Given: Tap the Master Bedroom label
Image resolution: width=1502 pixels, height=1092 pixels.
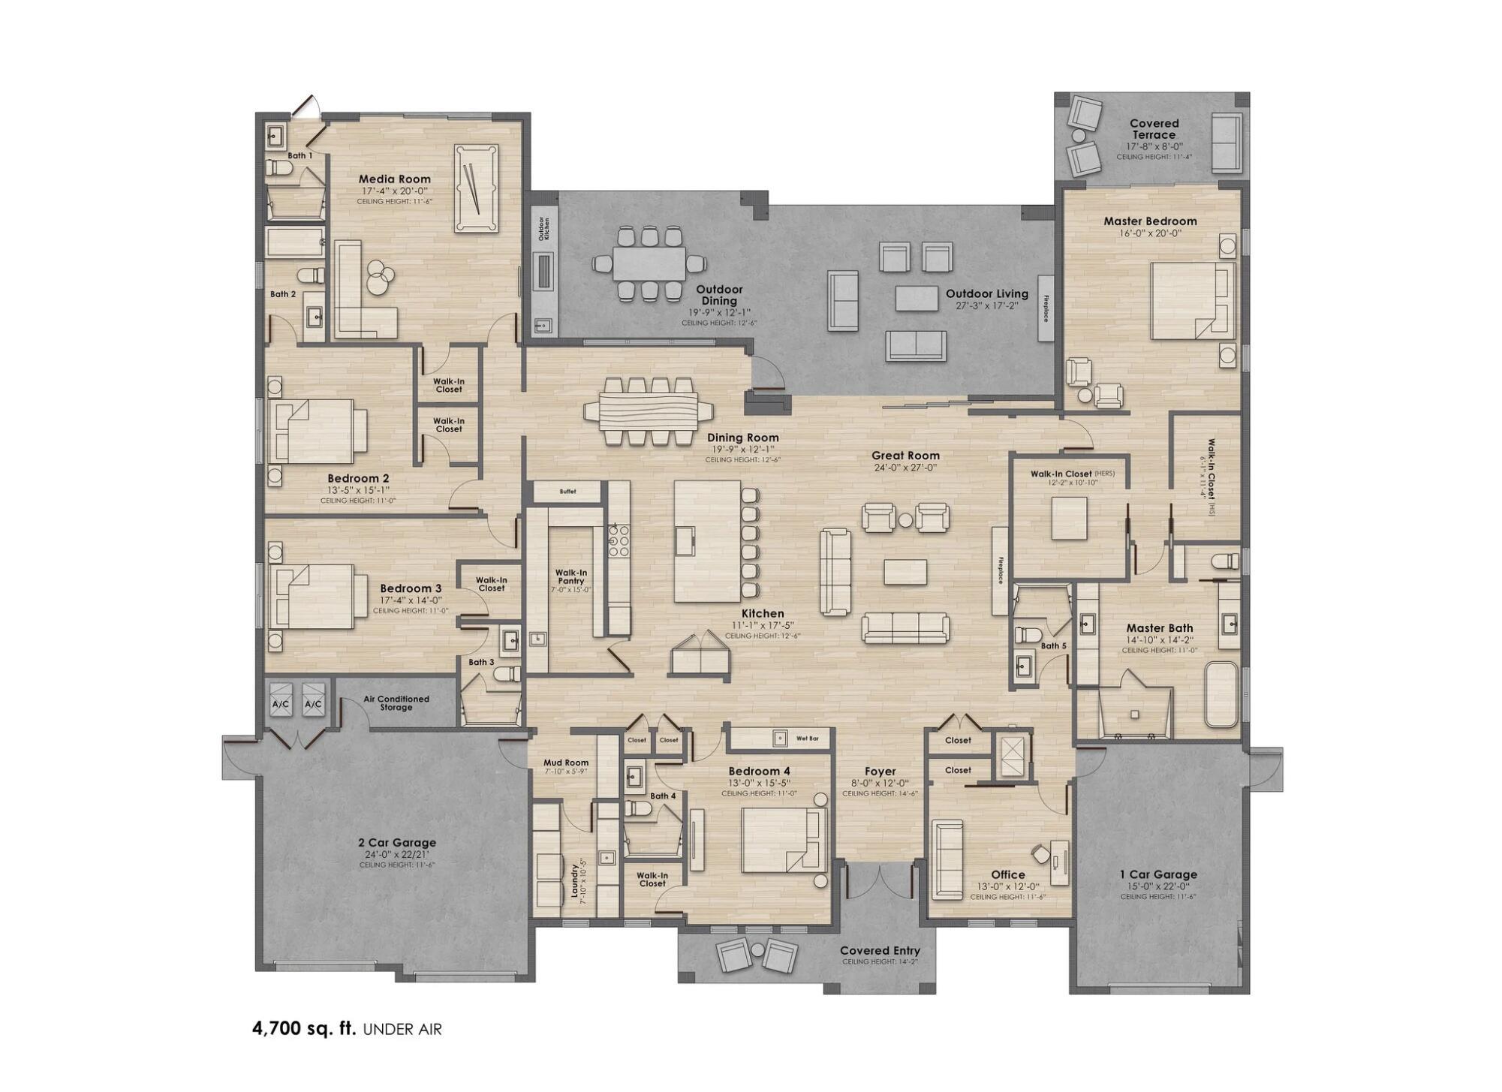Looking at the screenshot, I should pyautogui.click(x=1150, y=221).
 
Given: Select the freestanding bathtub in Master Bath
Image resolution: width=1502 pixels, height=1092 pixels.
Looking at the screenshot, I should pyautogui.click(x=1221, y=694).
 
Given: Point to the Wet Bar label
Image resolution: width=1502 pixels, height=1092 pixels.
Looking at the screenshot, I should pyautogui.click(x=807, y=739).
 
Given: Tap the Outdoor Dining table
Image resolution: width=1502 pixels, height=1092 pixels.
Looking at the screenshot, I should pyautogui.click(x=649, y=263).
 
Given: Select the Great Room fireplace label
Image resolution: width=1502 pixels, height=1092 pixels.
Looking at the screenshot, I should pyautogui.click(x=1001, y=570).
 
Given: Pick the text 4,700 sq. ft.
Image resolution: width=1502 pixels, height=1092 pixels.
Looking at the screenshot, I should pyautogui.click(x=304, y=1028).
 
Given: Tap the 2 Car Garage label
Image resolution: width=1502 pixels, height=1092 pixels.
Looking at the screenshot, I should pyautogui.click(x=397, y=843).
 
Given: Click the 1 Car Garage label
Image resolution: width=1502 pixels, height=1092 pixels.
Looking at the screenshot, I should pyautogui.click(x=1158, y=874).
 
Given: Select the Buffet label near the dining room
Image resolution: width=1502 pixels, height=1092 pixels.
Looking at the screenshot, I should pyautogui.click(x=567, y=492).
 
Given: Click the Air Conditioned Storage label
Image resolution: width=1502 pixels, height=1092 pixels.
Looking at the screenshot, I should pyautogui.click(x=396, y=702).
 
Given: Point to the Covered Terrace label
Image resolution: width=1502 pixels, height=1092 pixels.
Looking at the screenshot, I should pyautogui.click(x=1154, y=129).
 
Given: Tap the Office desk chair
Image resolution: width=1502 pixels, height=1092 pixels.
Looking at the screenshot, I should pyautogui.click(x=1040, y=854).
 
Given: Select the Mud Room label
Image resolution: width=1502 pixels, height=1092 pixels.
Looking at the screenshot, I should pyautogui.click(x=566, y=763).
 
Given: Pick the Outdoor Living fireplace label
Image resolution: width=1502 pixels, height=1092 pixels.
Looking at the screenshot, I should pyautogui.click(x=1046, y=308).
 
